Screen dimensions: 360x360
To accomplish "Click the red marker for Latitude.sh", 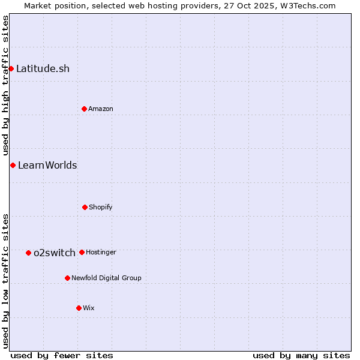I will click(x=11, y=68).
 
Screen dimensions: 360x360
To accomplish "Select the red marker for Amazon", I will click(x=84, y=109).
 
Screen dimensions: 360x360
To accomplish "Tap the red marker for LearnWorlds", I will click(x=13, y=165).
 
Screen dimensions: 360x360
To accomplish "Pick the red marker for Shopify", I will click(x=85, y=207).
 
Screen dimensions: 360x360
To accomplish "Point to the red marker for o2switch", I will click(x=28, y=253).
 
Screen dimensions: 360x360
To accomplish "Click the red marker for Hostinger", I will click(x=82, y=252).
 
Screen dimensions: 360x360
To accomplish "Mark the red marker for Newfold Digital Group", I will click(x=67, y=278).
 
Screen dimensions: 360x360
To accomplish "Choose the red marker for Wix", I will click(x=79, y=308).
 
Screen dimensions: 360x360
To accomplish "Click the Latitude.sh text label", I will click(x=43, y=68).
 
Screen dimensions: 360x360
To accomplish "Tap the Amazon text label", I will click(x=101, y=109).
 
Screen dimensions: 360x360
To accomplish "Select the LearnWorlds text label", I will click(x=47, y=165).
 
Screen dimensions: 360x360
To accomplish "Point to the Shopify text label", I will click(x=101, y=207).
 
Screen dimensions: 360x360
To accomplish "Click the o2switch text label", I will click(x=55, y=253).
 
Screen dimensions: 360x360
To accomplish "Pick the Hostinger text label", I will click(x=101, y=252).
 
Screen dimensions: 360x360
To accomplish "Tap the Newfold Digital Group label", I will click(x=106, y=278).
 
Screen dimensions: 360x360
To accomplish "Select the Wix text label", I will click(x=89, y=308).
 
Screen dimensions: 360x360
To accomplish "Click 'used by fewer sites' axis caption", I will click(x=62, y=355).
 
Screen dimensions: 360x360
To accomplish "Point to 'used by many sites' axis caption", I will click(x=301, y=355).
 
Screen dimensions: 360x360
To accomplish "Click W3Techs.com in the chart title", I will click(x=307, y=5).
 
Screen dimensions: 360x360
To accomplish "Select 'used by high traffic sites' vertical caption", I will click(x=5, y=86).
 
